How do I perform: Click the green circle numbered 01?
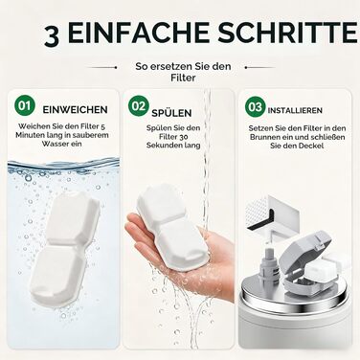[x=24, y=105]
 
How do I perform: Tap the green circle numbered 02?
[x=138, y=106]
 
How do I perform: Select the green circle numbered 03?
[x=255, y=106]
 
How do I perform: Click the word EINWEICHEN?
[x=75, y=110]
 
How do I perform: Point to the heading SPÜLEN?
[x=171, y=112]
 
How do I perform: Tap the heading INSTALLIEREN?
[x=295, y=110]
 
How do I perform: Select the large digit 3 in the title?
[x=52, y=37]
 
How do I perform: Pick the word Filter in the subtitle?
[x=183, y=78]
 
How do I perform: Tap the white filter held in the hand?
[x=170, y=229]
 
